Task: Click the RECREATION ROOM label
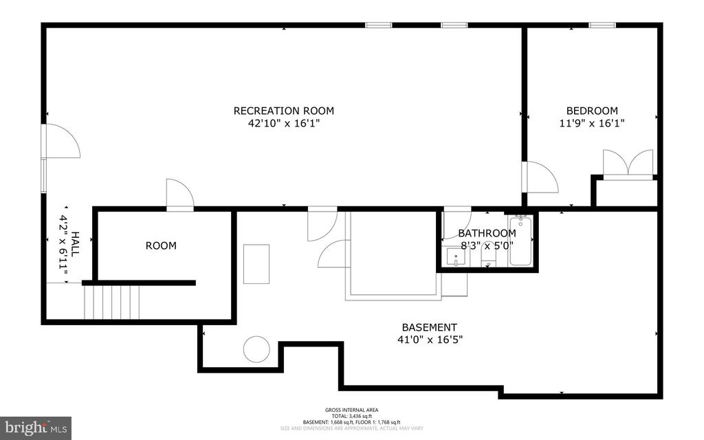[x=283, y=111]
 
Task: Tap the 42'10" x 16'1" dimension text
[x=283, y=124]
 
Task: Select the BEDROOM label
[x=591, y=111]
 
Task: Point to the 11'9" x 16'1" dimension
[x=591, y=124]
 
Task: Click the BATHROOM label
[x=487, y=233]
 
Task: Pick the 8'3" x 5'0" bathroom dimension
[x=487, y=244]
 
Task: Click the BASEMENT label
[x=429, y=327]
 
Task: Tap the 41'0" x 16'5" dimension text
[x=429, y=340]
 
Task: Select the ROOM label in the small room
[x=160, y=245]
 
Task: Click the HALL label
[x=75, y=244]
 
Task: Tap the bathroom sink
[x=456, y=257]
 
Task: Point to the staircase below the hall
[x=111, y=302]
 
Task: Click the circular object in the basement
[x=257, y=349]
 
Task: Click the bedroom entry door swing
[x=540, y=177]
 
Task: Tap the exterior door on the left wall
[x=60, y=142]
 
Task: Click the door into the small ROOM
[x=180, y=194]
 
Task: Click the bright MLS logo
[x=36, y=428]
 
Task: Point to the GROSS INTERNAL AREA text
[x=351, y=410]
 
